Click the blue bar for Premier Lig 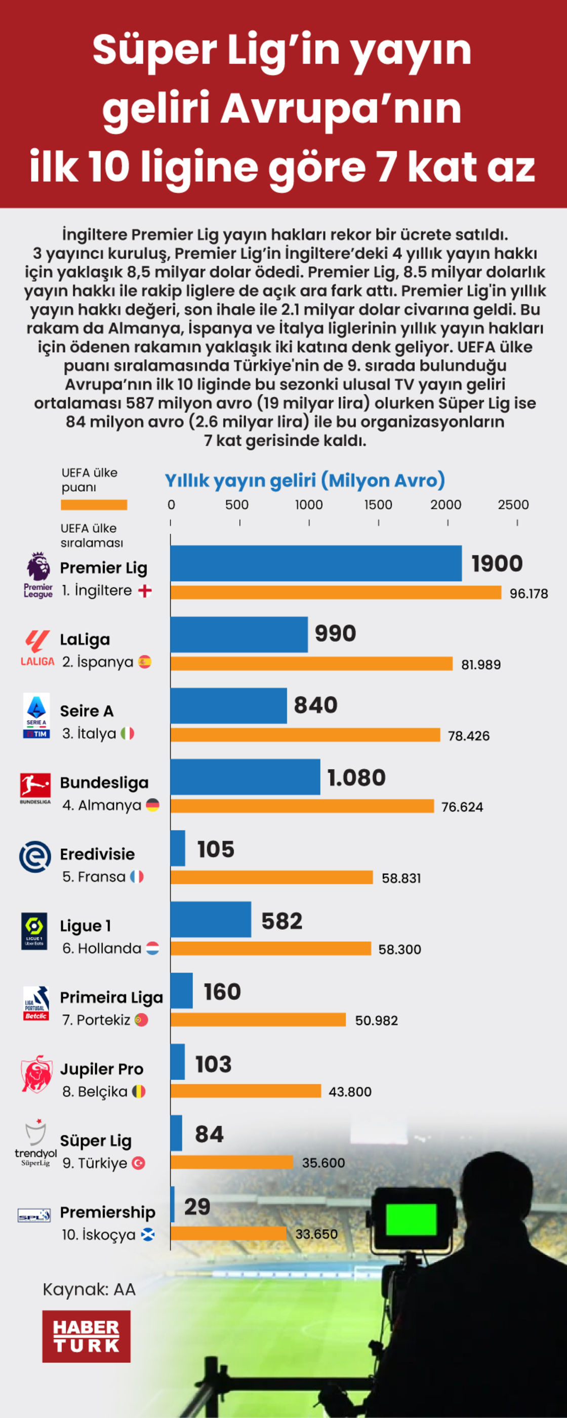(315, 563)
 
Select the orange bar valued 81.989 (311, 663)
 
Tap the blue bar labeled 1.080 (245, 777)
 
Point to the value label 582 (282, 921)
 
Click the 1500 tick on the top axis (378, 505)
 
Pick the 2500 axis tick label (513, 505)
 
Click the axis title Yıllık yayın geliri (304, 481)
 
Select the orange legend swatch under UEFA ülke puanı (94, 505)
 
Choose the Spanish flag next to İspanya (145, 662)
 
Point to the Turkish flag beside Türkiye (139, 1163)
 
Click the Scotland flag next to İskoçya (147, 1234)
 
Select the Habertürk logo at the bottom (87, 1336)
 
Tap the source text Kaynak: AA (89, 1289)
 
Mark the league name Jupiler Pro (101, 1069)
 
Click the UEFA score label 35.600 (323, 1163)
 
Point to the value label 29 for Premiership (197, 1206)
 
